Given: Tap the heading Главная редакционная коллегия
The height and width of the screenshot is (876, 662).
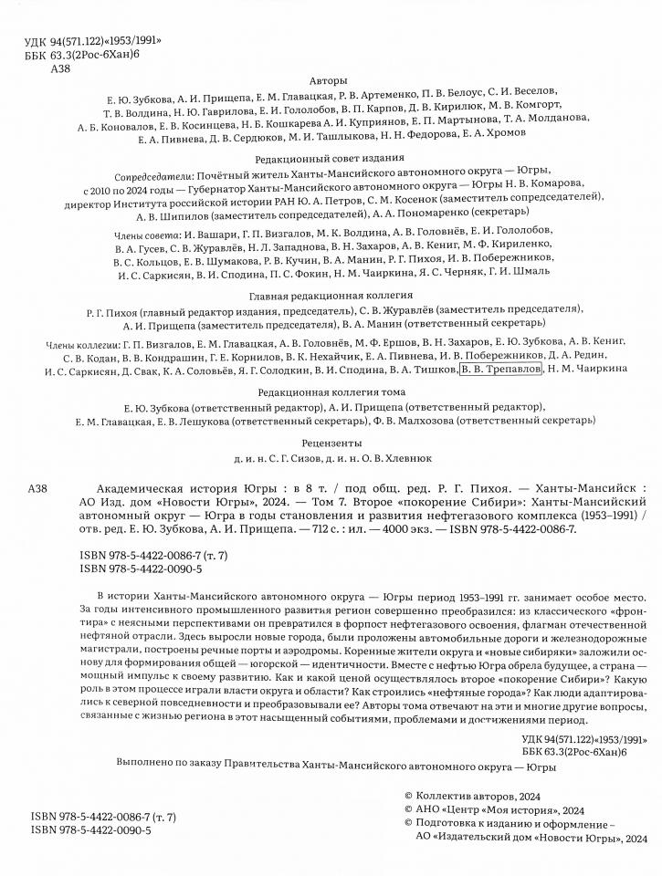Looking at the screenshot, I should pos(331,297).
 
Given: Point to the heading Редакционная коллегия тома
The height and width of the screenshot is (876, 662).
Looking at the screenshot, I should pos(331,390).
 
